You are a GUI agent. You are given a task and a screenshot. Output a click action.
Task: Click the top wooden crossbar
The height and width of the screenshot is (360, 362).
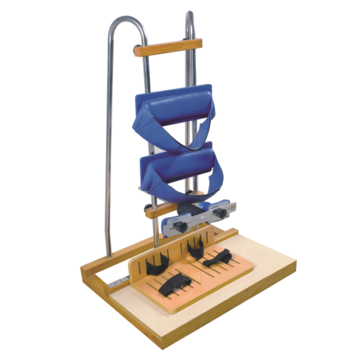coord(168,47)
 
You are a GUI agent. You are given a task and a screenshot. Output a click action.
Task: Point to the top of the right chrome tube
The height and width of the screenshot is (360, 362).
coord(190,16)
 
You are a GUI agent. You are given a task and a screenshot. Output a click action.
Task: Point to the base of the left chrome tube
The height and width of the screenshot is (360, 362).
coord(109,253)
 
